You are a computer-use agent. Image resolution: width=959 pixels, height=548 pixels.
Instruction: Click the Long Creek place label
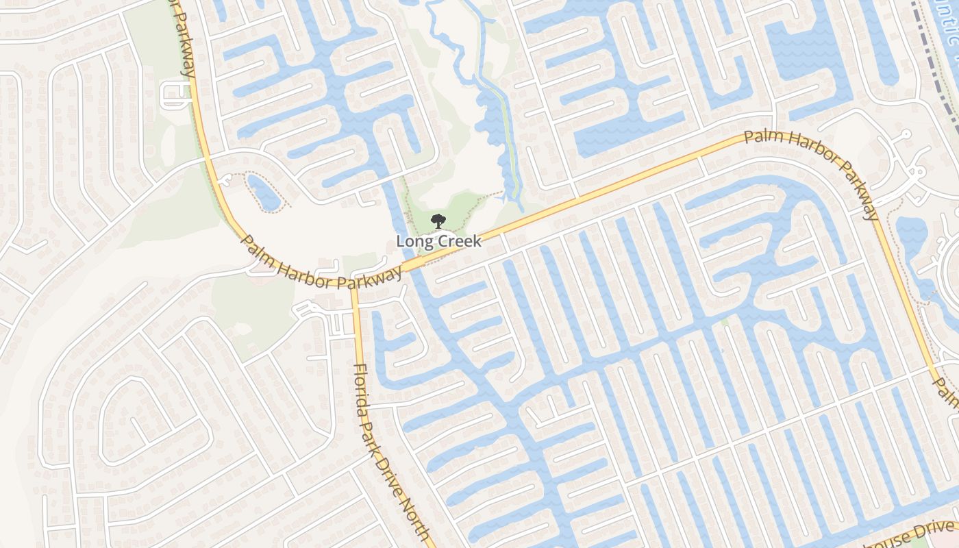click(438, 241)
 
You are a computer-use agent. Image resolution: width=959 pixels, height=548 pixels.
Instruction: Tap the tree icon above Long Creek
click(438, 221)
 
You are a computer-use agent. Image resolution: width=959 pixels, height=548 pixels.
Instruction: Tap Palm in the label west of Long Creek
click(259, 249)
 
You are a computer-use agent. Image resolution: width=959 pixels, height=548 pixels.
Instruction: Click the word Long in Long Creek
click(412, 241)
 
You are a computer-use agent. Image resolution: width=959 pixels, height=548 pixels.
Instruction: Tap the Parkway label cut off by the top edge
click(184, 38)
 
